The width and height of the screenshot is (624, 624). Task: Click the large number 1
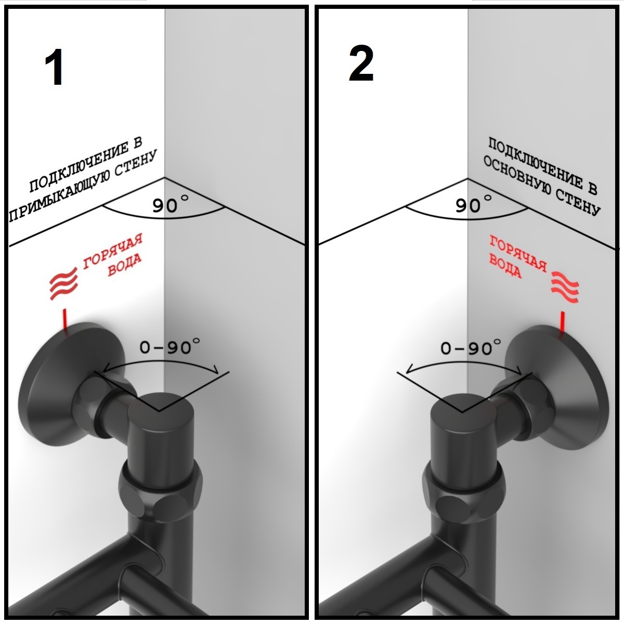point(54,67)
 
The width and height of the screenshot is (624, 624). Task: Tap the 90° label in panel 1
point(171,204)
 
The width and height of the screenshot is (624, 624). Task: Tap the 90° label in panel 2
point(473,204)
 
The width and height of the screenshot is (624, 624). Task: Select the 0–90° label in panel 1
point(170,346)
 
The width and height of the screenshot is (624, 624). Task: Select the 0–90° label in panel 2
point(471,347)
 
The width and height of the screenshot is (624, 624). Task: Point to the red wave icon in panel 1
point(63,283)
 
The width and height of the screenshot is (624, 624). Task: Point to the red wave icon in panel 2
point(565,287)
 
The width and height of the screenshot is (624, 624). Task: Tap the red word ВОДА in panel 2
point(505,266)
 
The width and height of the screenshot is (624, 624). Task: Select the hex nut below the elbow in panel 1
point(161,492)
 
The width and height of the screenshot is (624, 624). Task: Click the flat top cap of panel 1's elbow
point(161,409)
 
